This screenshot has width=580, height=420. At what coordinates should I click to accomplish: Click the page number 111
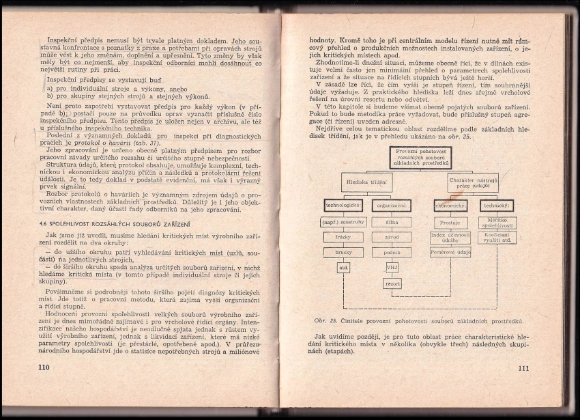523,369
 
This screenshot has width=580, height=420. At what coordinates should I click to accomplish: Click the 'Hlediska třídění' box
367,182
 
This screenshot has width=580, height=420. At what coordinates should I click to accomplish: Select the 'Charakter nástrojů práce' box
474,182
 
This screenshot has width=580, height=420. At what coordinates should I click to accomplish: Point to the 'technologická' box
343,205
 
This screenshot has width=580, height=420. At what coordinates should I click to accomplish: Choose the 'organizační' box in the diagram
392,205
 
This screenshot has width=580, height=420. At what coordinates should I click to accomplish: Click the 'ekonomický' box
450,205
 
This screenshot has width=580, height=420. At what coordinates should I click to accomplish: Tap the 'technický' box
497,205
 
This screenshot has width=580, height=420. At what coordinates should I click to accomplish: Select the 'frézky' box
343,237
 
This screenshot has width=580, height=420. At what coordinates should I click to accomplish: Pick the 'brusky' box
343,252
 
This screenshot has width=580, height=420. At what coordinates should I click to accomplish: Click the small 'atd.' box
343,267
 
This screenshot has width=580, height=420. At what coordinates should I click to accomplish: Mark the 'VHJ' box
392,267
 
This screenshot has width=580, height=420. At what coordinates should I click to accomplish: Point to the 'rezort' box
392,283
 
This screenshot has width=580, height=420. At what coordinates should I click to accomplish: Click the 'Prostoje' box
450,223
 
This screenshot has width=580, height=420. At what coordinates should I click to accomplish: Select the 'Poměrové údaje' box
450,252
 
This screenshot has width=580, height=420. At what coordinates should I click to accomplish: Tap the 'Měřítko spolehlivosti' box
497,223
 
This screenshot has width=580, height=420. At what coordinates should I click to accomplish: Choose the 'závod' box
392,237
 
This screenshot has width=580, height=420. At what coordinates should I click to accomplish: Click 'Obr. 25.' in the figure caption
325,320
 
